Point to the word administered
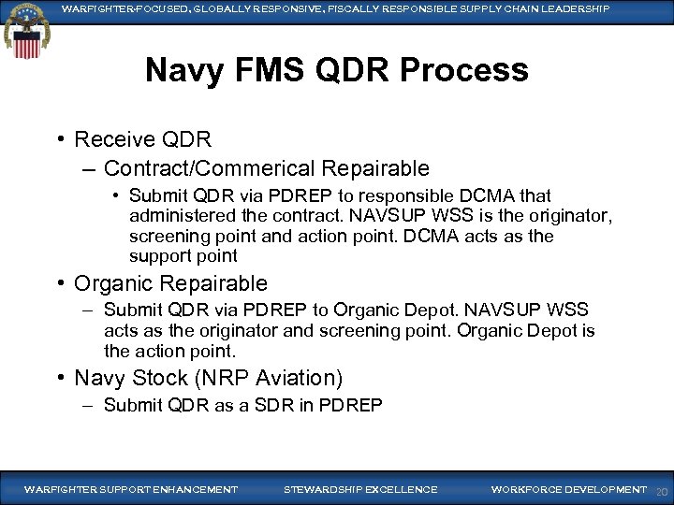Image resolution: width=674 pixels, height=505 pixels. (x=179, y=216)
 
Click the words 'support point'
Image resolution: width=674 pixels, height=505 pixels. (x=183, y=256)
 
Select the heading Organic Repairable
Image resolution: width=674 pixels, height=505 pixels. (x=170, y=283)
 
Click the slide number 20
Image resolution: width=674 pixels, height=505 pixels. (x=661, y=491)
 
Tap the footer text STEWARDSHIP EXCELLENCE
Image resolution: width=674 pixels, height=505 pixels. (x=359, y=489)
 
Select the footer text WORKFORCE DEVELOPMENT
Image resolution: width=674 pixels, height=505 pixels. (x=567, y=489)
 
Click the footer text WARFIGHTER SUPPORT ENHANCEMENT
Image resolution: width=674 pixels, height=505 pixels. (x=130, y=489)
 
